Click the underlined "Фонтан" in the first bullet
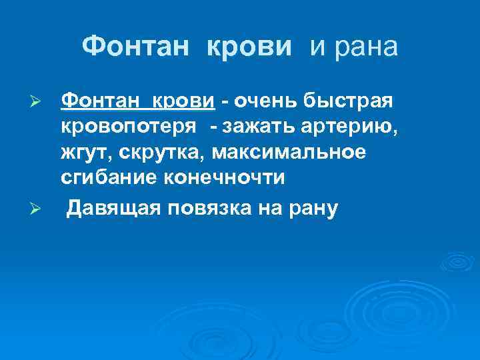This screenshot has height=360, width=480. tap(101, 102)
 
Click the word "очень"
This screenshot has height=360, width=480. tap(265, 102)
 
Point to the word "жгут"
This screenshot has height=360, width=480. tap(86, 153)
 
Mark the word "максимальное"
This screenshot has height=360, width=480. tap(289, 153)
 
